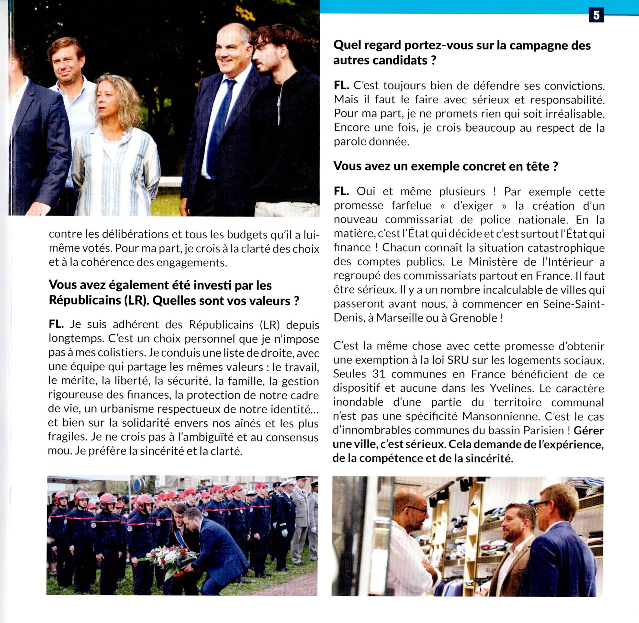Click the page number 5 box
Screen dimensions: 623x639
[x=596, y=15]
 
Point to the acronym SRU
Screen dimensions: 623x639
[x=458, y=360]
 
